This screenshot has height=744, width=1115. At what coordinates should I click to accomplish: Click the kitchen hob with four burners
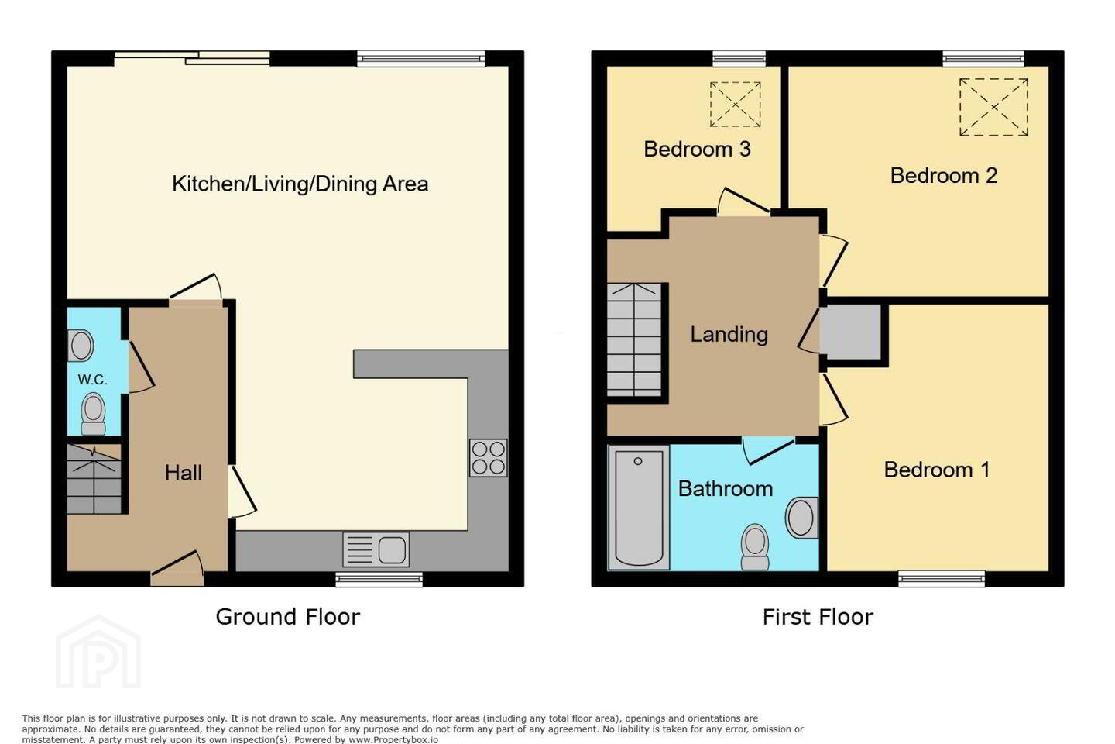(489, 457)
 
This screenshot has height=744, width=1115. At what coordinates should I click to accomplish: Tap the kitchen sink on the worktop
(376, 549)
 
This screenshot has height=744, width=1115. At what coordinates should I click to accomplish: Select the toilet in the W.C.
(93, 414)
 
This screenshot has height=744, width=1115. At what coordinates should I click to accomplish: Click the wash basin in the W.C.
(81, 346)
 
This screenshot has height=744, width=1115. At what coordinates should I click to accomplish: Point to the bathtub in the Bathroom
(639, 508)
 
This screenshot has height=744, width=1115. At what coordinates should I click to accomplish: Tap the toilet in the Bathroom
(755, 546)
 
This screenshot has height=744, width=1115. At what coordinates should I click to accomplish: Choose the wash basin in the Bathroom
(802, 518)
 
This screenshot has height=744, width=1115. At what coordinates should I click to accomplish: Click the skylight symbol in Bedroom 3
(736, 105)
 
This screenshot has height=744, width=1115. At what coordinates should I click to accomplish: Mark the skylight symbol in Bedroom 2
(993, 107)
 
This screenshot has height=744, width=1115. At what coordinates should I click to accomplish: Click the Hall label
(184, 473)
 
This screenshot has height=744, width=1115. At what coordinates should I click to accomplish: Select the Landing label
(729, 334)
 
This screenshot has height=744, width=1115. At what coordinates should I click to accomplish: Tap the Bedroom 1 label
(937, 470)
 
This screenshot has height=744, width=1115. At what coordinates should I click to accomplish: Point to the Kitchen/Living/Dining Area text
(300, 184)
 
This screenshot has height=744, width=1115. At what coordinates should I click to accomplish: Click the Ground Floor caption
(288, 617)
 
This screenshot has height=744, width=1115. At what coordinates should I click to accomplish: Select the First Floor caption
(818, 617)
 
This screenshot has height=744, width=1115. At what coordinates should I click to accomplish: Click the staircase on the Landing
(635, 340)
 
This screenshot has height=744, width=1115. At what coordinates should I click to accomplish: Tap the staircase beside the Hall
(94, 479)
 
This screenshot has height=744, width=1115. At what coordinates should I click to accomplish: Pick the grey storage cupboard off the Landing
(851, 332)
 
